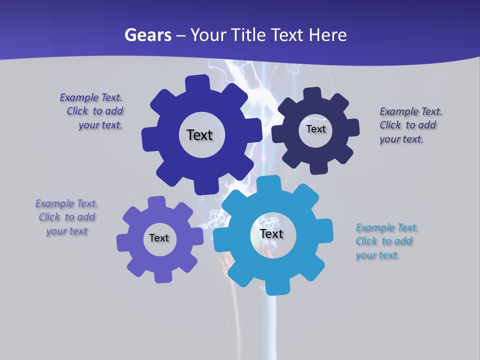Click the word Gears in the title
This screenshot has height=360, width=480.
(x=147, y=35)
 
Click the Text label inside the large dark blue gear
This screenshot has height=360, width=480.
(x=199, y=135)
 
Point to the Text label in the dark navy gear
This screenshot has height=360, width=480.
(x=315, y=129)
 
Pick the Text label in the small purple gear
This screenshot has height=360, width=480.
(x=159, y=238)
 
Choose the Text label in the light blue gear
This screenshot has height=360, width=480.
(x=271, y=233)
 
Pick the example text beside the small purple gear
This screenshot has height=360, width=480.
(x=66, y=217)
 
